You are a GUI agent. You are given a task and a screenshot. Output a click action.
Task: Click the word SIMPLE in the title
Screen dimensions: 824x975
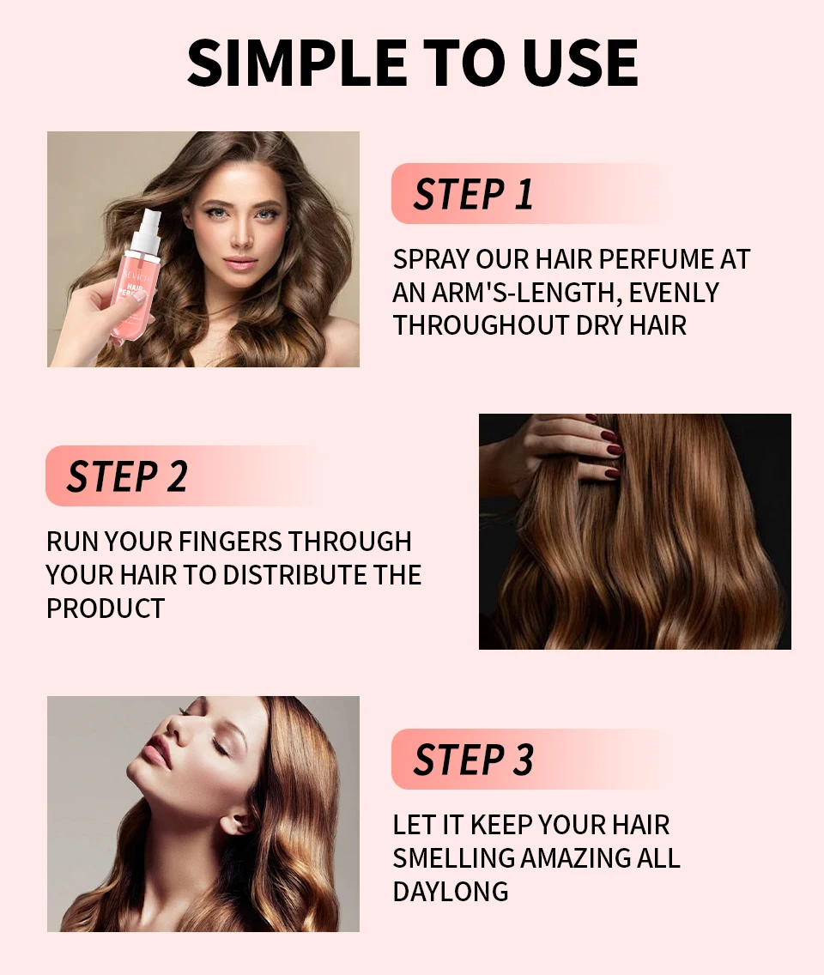297,63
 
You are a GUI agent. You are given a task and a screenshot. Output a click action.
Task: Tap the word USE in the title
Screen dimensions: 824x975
580,63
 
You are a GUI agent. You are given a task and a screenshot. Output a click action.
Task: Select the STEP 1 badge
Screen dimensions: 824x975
530,193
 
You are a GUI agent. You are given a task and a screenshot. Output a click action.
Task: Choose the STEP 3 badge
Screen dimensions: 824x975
530,759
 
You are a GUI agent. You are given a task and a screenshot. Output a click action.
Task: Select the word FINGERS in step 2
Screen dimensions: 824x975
229,542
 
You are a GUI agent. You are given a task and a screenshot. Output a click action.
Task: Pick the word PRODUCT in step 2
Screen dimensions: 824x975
106,609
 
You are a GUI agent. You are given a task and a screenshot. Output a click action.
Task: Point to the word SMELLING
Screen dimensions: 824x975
453,858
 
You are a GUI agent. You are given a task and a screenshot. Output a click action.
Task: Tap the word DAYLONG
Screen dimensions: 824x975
451,892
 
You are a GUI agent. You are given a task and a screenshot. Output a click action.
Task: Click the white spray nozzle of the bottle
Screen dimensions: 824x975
147,230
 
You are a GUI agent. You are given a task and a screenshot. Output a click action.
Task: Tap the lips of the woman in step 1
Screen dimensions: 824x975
240,263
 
